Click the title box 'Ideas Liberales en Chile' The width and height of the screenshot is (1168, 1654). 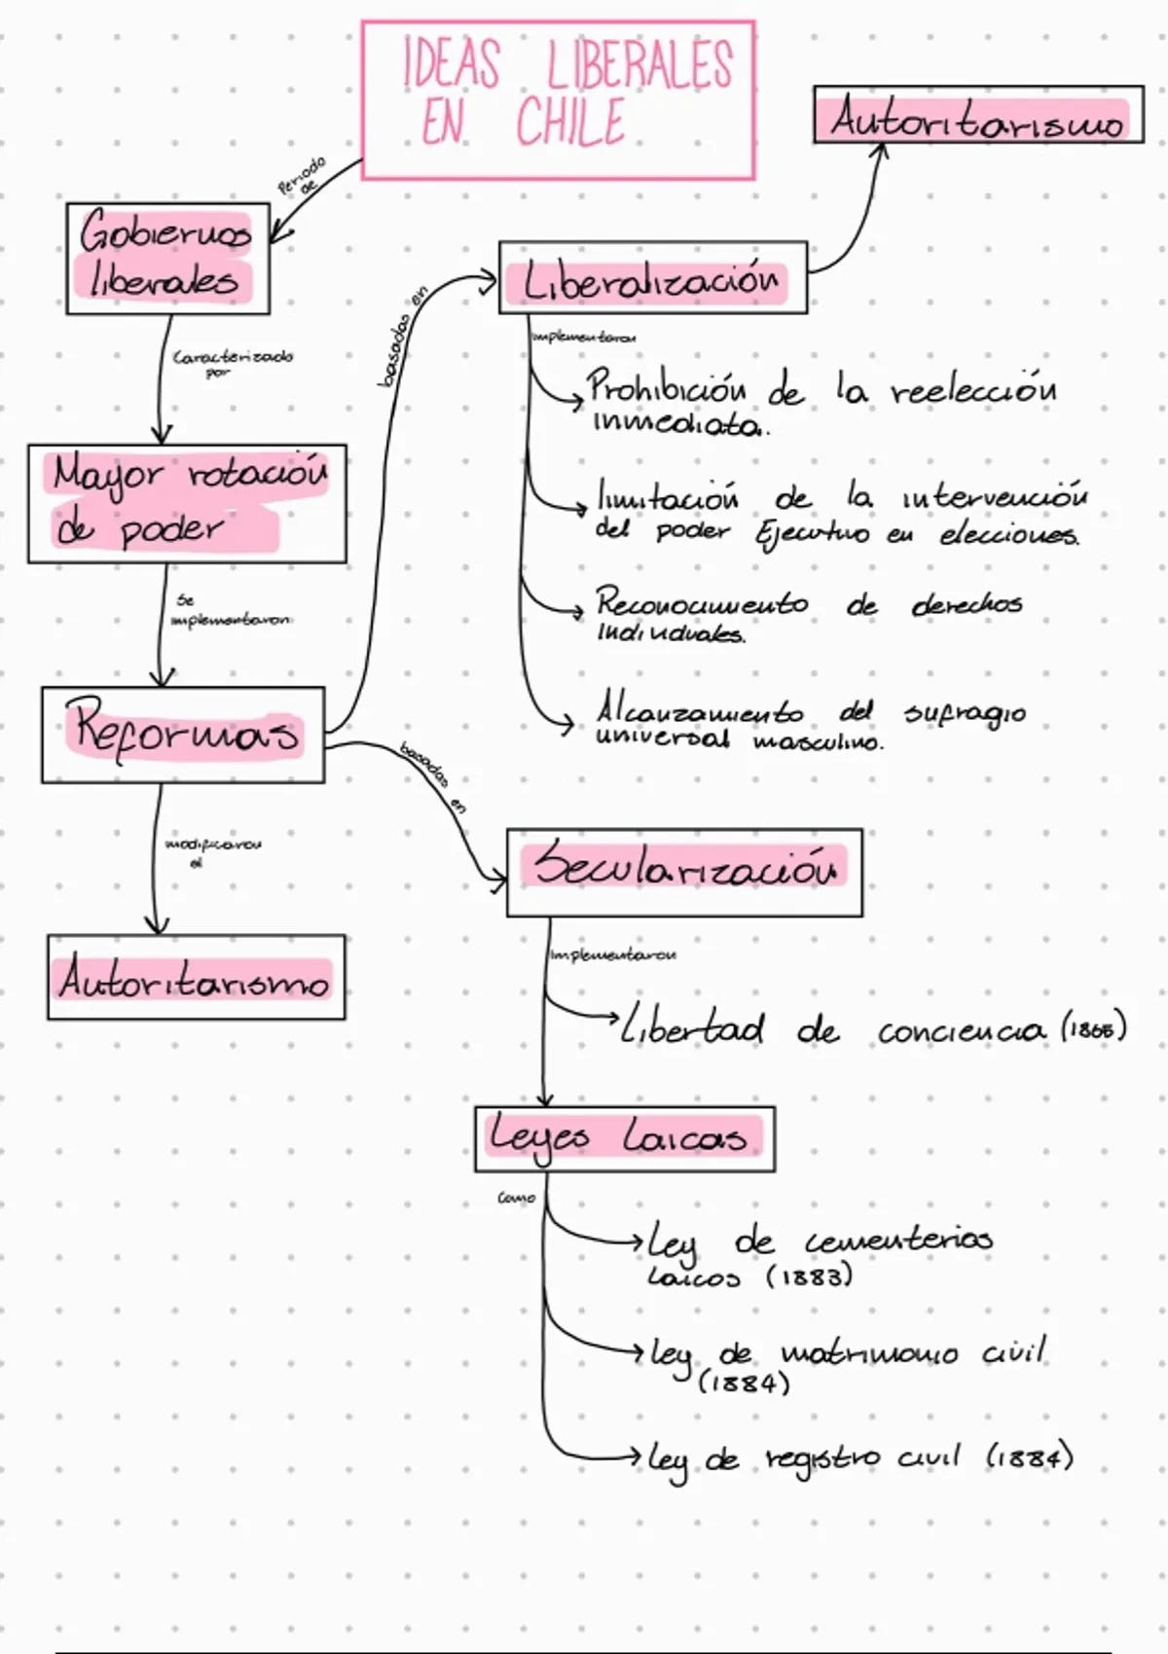pyautogui.click(x=558, y=100)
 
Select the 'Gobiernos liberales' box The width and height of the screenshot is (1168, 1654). pyautogui.click(x=167, y=259)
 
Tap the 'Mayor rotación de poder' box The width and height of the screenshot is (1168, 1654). pyautogui.click(x=187, y=504)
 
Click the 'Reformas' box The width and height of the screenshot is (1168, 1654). pyautogui.click(x=183, y=735)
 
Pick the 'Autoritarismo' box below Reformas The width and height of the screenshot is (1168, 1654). pyautogui.click(x=196, y=978)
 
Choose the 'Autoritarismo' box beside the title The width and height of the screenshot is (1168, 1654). pyautogui.click(x=978, y=116)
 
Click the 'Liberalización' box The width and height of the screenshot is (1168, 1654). pyautogui.click(x=652, y=278)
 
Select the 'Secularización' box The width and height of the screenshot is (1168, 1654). pyautogui.click(x=684, y=872)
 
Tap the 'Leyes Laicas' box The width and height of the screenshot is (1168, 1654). pyautogui.click(x=624, y=1138)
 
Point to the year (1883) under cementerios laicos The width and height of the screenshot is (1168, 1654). pyautogui.click(x=810, y=1276)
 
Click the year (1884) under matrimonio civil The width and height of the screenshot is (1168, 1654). pyautogui.click(x=744, y=1383)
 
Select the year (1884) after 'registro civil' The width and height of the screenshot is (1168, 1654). pyautogui.click(x=1030, y=1456)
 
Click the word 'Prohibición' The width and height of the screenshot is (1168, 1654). pyautogui.click(x=668, y=389)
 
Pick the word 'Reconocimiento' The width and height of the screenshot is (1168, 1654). pyautogui.click(x=702, y=603)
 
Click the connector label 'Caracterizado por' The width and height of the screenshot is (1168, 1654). pyautogui.click(x=231, y=363)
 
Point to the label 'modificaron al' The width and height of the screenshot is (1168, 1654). pyautogui.click(x=211, y=851)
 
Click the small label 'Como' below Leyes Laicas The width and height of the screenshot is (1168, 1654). pyautogui.click(x=516, y=1198)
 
